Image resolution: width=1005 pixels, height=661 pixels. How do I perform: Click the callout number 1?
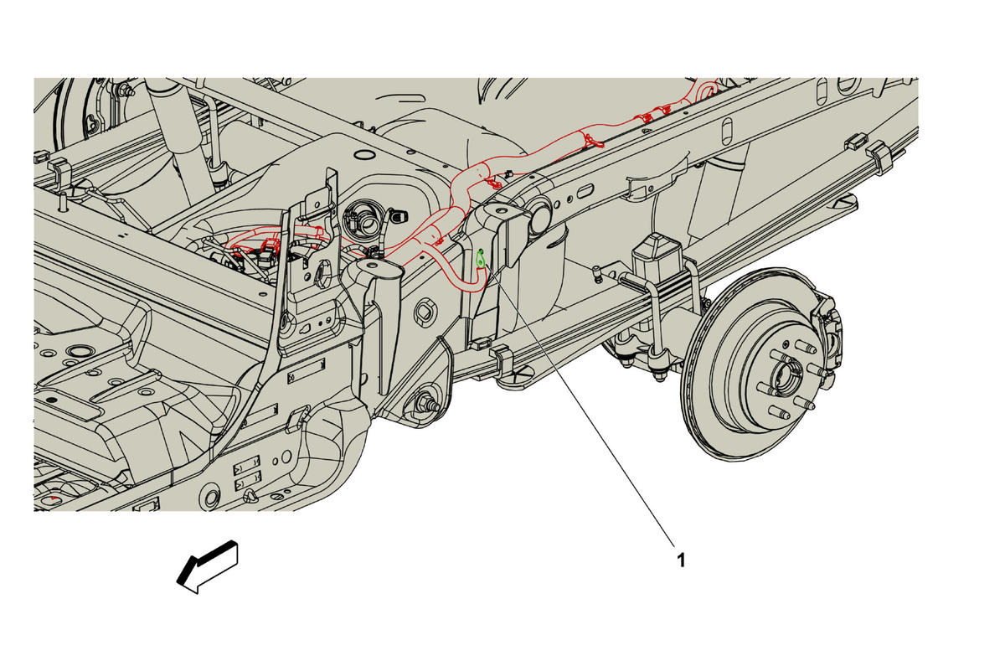[x=681, y=560]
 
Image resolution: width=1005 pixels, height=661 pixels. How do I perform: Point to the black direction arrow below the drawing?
[x=208, y=568]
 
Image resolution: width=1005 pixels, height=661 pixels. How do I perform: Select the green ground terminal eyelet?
[x=481, y=260]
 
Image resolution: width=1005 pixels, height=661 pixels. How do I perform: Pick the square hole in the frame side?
[x=425, y=311]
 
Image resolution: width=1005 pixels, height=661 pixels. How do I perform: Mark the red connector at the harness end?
[x=270, y=246]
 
